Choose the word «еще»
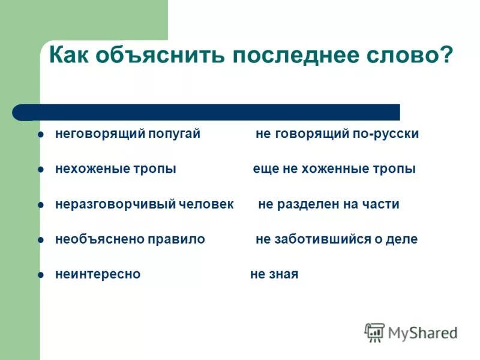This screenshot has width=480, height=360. [265, 169]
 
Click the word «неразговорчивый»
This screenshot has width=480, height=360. [115, 204]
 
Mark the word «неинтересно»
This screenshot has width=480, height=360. [98, 274]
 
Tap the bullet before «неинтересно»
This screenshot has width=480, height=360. [41, 275]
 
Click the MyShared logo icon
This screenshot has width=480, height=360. [375, 332]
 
